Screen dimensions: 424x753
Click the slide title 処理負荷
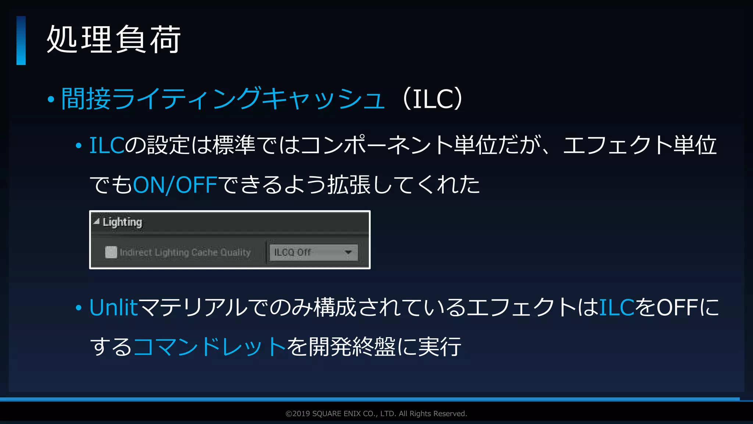[x=114, y=39]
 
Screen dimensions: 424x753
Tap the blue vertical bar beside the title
[x=21, y=40]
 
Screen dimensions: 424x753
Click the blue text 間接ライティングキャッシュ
[x=223, y=99]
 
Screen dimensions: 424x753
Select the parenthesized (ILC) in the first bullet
[x=433, y=99]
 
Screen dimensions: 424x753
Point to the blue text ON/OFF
[x=175, y=185]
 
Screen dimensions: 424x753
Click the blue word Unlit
[x=114, y=308]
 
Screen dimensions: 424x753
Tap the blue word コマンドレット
[x=210, y=347]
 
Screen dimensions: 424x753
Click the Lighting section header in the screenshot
[x=122, y=222]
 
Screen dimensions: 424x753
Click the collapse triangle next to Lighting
[x=96, y=222]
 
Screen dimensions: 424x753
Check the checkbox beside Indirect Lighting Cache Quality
[x=111, y=252]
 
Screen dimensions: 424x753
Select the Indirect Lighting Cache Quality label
[x=185, y=252]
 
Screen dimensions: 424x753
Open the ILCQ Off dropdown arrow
[x=348, y=252]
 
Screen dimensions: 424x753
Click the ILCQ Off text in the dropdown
[x=293, y=252]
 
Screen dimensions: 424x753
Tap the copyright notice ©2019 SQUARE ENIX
[x=376, y=414]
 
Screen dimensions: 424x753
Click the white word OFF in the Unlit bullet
[x=678, y=308]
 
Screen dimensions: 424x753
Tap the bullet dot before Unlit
[x=78, y=308]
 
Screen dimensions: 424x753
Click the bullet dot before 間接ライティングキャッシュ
[x=51, y=99]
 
